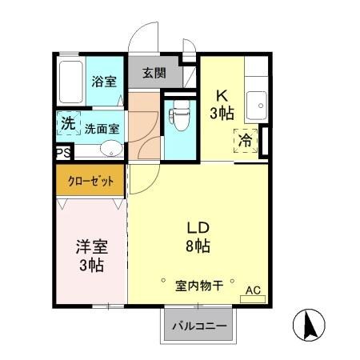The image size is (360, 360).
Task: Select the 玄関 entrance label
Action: point(154,73)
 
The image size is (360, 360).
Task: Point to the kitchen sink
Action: point(256,103)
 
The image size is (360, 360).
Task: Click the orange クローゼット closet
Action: point(90,181)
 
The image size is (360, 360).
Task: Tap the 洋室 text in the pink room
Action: point(89,247)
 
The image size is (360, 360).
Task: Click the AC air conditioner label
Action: point(252,290)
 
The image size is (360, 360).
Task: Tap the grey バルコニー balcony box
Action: point(198,326)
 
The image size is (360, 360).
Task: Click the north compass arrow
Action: point(310,325)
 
